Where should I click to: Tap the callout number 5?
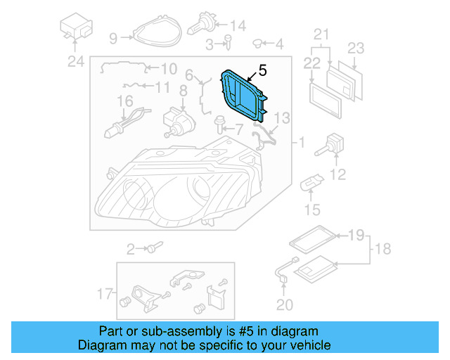click(262, 70)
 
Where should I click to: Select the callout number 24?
click(75, 62)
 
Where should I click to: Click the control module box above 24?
click(76, 27)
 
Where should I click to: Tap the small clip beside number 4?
click(257, 44)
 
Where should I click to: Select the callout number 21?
click(321, 34)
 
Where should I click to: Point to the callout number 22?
click(312, 63)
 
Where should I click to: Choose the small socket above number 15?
click(311, 185)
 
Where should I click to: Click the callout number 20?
click(283, 304)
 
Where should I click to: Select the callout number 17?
click(105, 292)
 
